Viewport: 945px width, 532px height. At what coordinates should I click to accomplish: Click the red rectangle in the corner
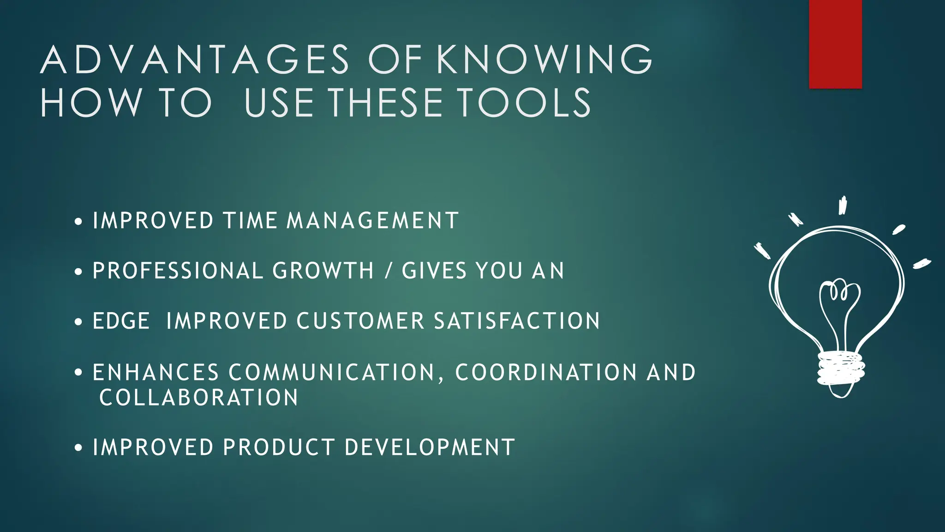[x=835, y=44]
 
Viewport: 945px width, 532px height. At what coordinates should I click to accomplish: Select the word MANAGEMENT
[x=373, y=220]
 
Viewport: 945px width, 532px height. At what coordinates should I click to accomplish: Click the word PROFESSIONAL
[x=178, y=271]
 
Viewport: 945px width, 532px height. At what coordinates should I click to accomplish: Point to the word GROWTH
[x=323, y=271]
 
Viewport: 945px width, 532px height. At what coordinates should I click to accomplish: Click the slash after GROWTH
[x=388, y=271]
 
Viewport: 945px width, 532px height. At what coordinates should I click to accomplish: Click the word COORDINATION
[x=546, y=373]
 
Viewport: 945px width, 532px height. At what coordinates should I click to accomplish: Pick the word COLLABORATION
[x=199, y=398]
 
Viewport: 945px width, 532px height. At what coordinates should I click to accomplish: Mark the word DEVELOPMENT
[x=430, y=447]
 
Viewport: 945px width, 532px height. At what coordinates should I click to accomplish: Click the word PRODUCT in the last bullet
[x=279, y=447]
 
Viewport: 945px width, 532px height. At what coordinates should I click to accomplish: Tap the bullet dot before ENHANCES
[x=78, y=372]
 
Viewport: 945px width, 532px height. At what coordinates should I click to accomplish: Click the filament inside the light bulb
[x=839, y=296]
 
